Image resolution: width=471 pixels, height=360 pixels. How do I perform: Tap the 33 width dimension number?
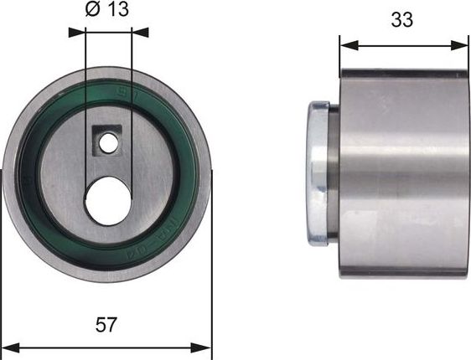click(402, 20)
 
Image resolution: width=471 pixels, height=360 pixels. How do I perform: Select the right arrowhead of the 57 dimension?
click(206, 346)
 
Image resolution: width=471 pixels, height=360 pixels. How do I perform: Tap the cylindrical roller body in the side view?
click(402, 172)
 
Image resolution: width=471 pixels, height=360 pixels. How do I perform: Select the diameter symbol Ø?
click(93, 10)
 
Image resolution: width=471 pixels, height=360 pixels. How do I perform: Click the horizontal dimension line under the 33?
click(402, 44)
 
